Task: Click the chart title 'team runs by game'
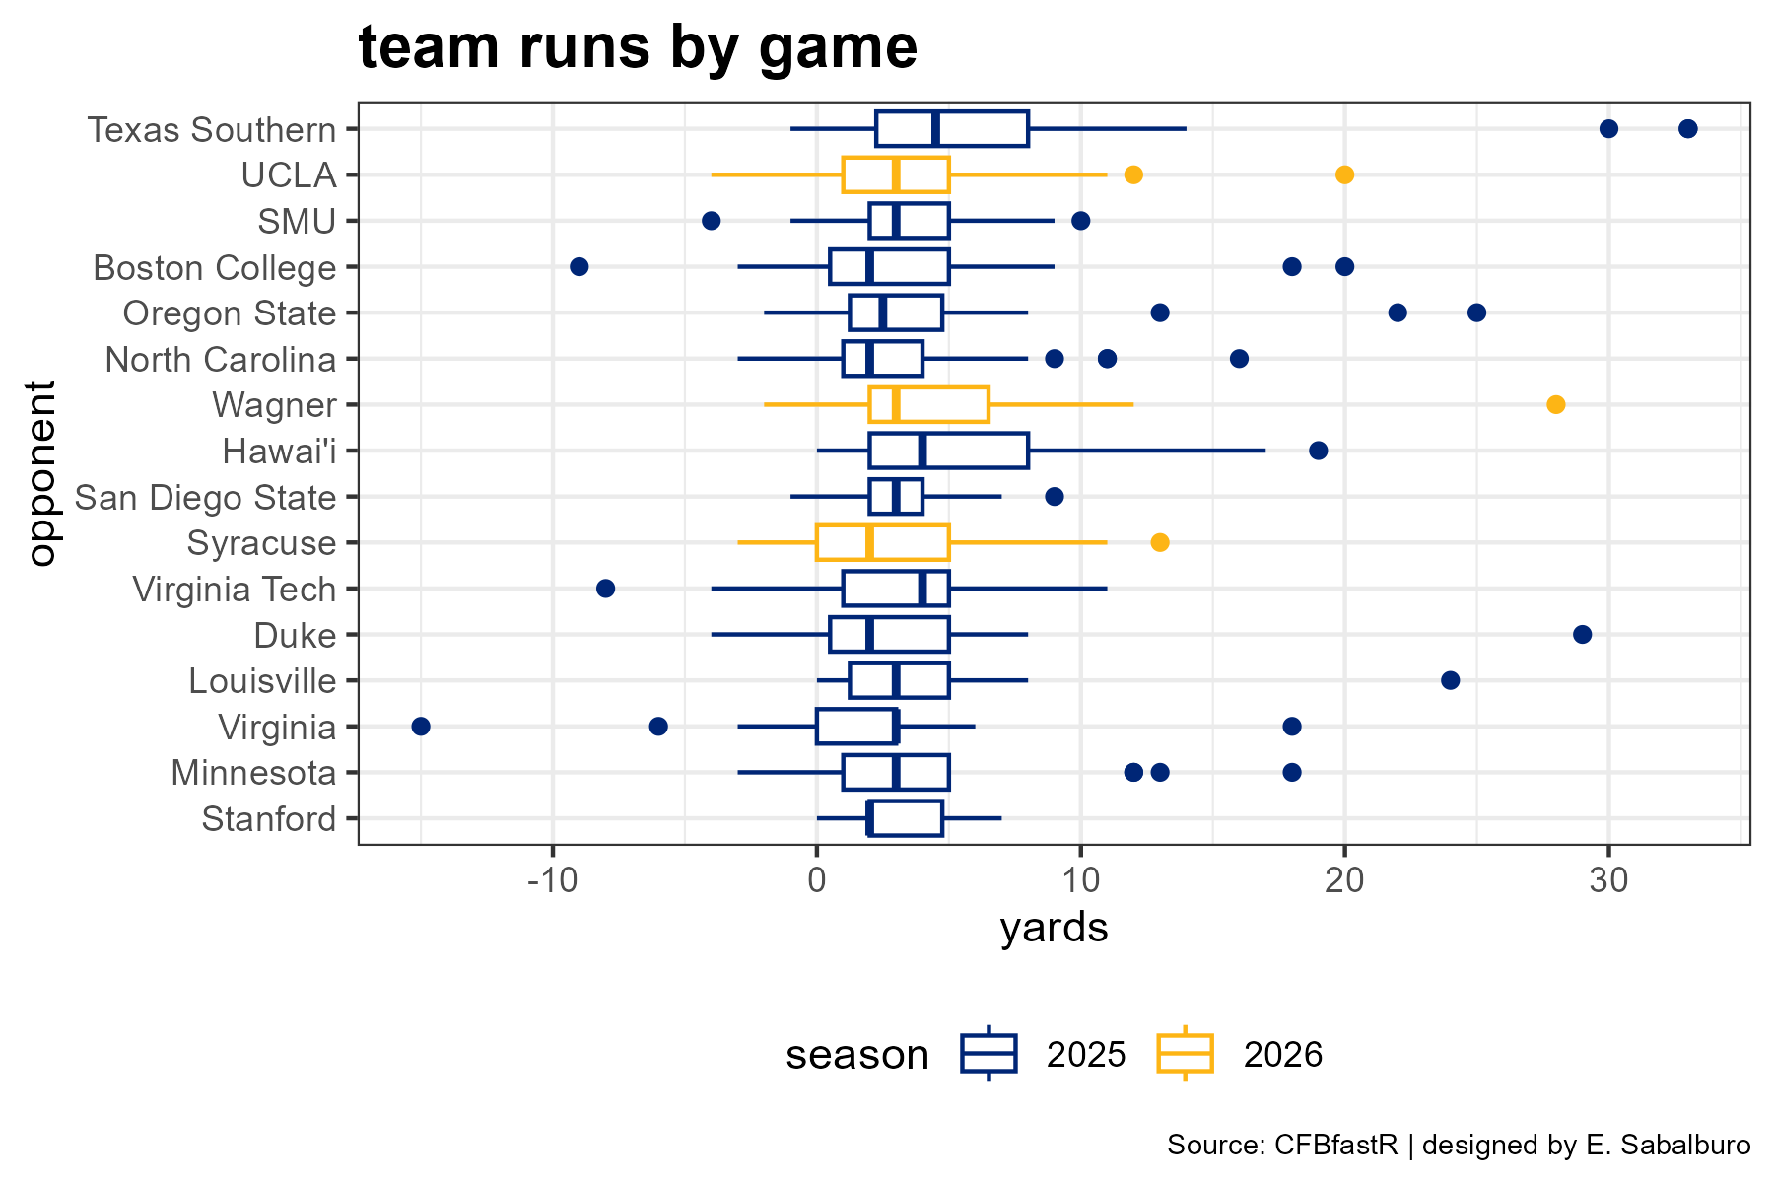coord(638,47)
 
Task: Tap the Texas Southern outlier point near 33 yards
coord(1688,128)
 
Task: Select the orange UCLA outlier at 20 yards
coord(1344,174)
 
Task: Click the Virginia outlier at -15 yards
coord(421,727)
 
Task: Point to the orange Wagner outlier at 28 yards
coord(1556,404)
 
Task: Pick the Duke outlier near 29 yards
coord(1583,634)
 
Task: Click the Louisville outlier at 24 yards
coord(1451,680)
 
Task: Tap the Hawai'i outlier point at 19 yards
coord(1319,451)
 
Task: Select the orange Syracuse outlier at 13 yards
coord(1160,542)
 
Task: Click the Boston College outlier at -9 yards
coord(580,266)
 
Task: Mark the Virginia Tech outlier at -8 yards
coord(606,589)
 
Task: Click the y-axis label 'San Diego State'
coord(205,497)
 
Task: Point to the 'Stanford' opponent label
coord(269,819)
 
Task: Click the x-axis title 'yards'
coord(1055,929)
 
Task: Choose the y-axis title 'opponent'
coord(42,473)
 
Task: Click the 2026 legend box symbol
coord(1185,1054)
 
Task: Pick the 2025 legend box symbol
coord(989,1054)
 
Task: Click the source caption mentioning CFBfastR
coord(1459,1146)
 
